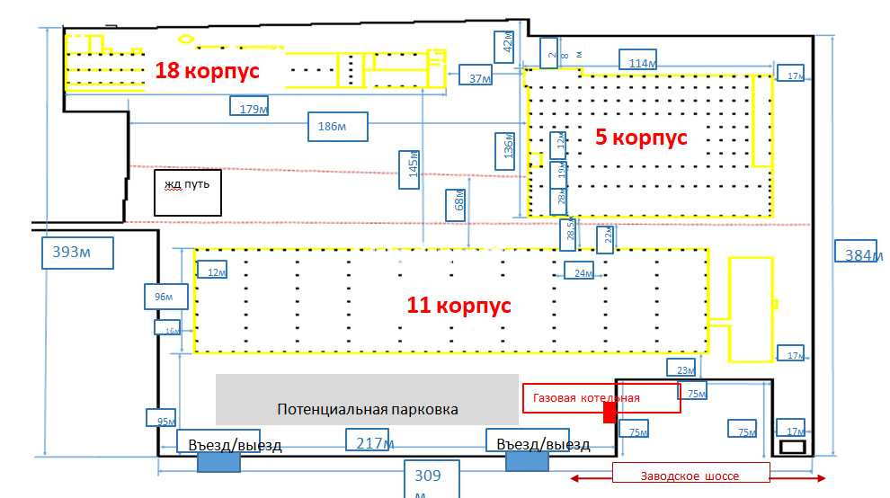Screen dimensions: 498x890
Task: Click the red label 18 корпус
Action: [x=207, y=70]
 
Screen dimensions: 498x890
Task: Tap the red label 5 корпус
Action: [x=641, y=138]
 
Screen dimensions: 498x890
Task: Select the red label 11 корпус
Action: [x=458, y=305]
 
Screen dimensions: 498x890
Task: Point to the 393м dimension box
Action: [x=77, y=252]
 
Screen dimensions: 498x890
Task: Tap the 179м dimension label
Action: [x=251, y=108]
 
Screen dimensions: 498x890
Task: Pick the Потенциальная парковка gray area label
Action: [x=367, y=409]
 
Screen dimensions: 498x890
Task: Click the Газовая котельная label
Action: [x=601, y=397]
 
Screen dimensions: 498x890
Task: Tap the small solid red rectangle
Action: [x=610, y=412]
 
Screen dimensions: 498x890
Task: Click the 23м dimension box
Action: [x=681, y=369]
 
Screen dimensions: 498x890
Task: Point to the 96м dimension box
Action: [x=165, y=296]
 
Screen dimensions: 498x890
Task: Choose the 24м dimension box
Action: [x=580, y=271]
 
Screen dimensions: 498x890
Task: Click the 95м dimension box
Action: [x=161, y=418]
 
